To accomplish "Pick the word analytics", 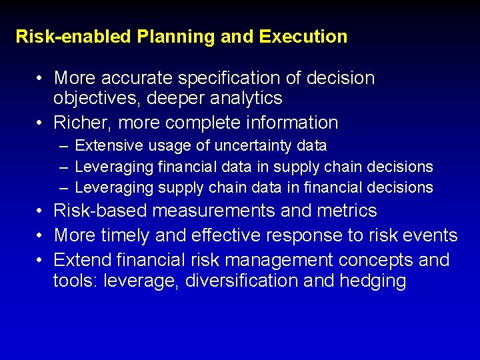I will click(x=246, y=99).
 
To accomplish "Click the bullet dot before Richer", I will click(x=41, y=123).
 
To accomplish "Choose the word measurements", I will click(x=214, y=211).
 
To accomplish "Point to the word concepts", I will click(x=377, y=260).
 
